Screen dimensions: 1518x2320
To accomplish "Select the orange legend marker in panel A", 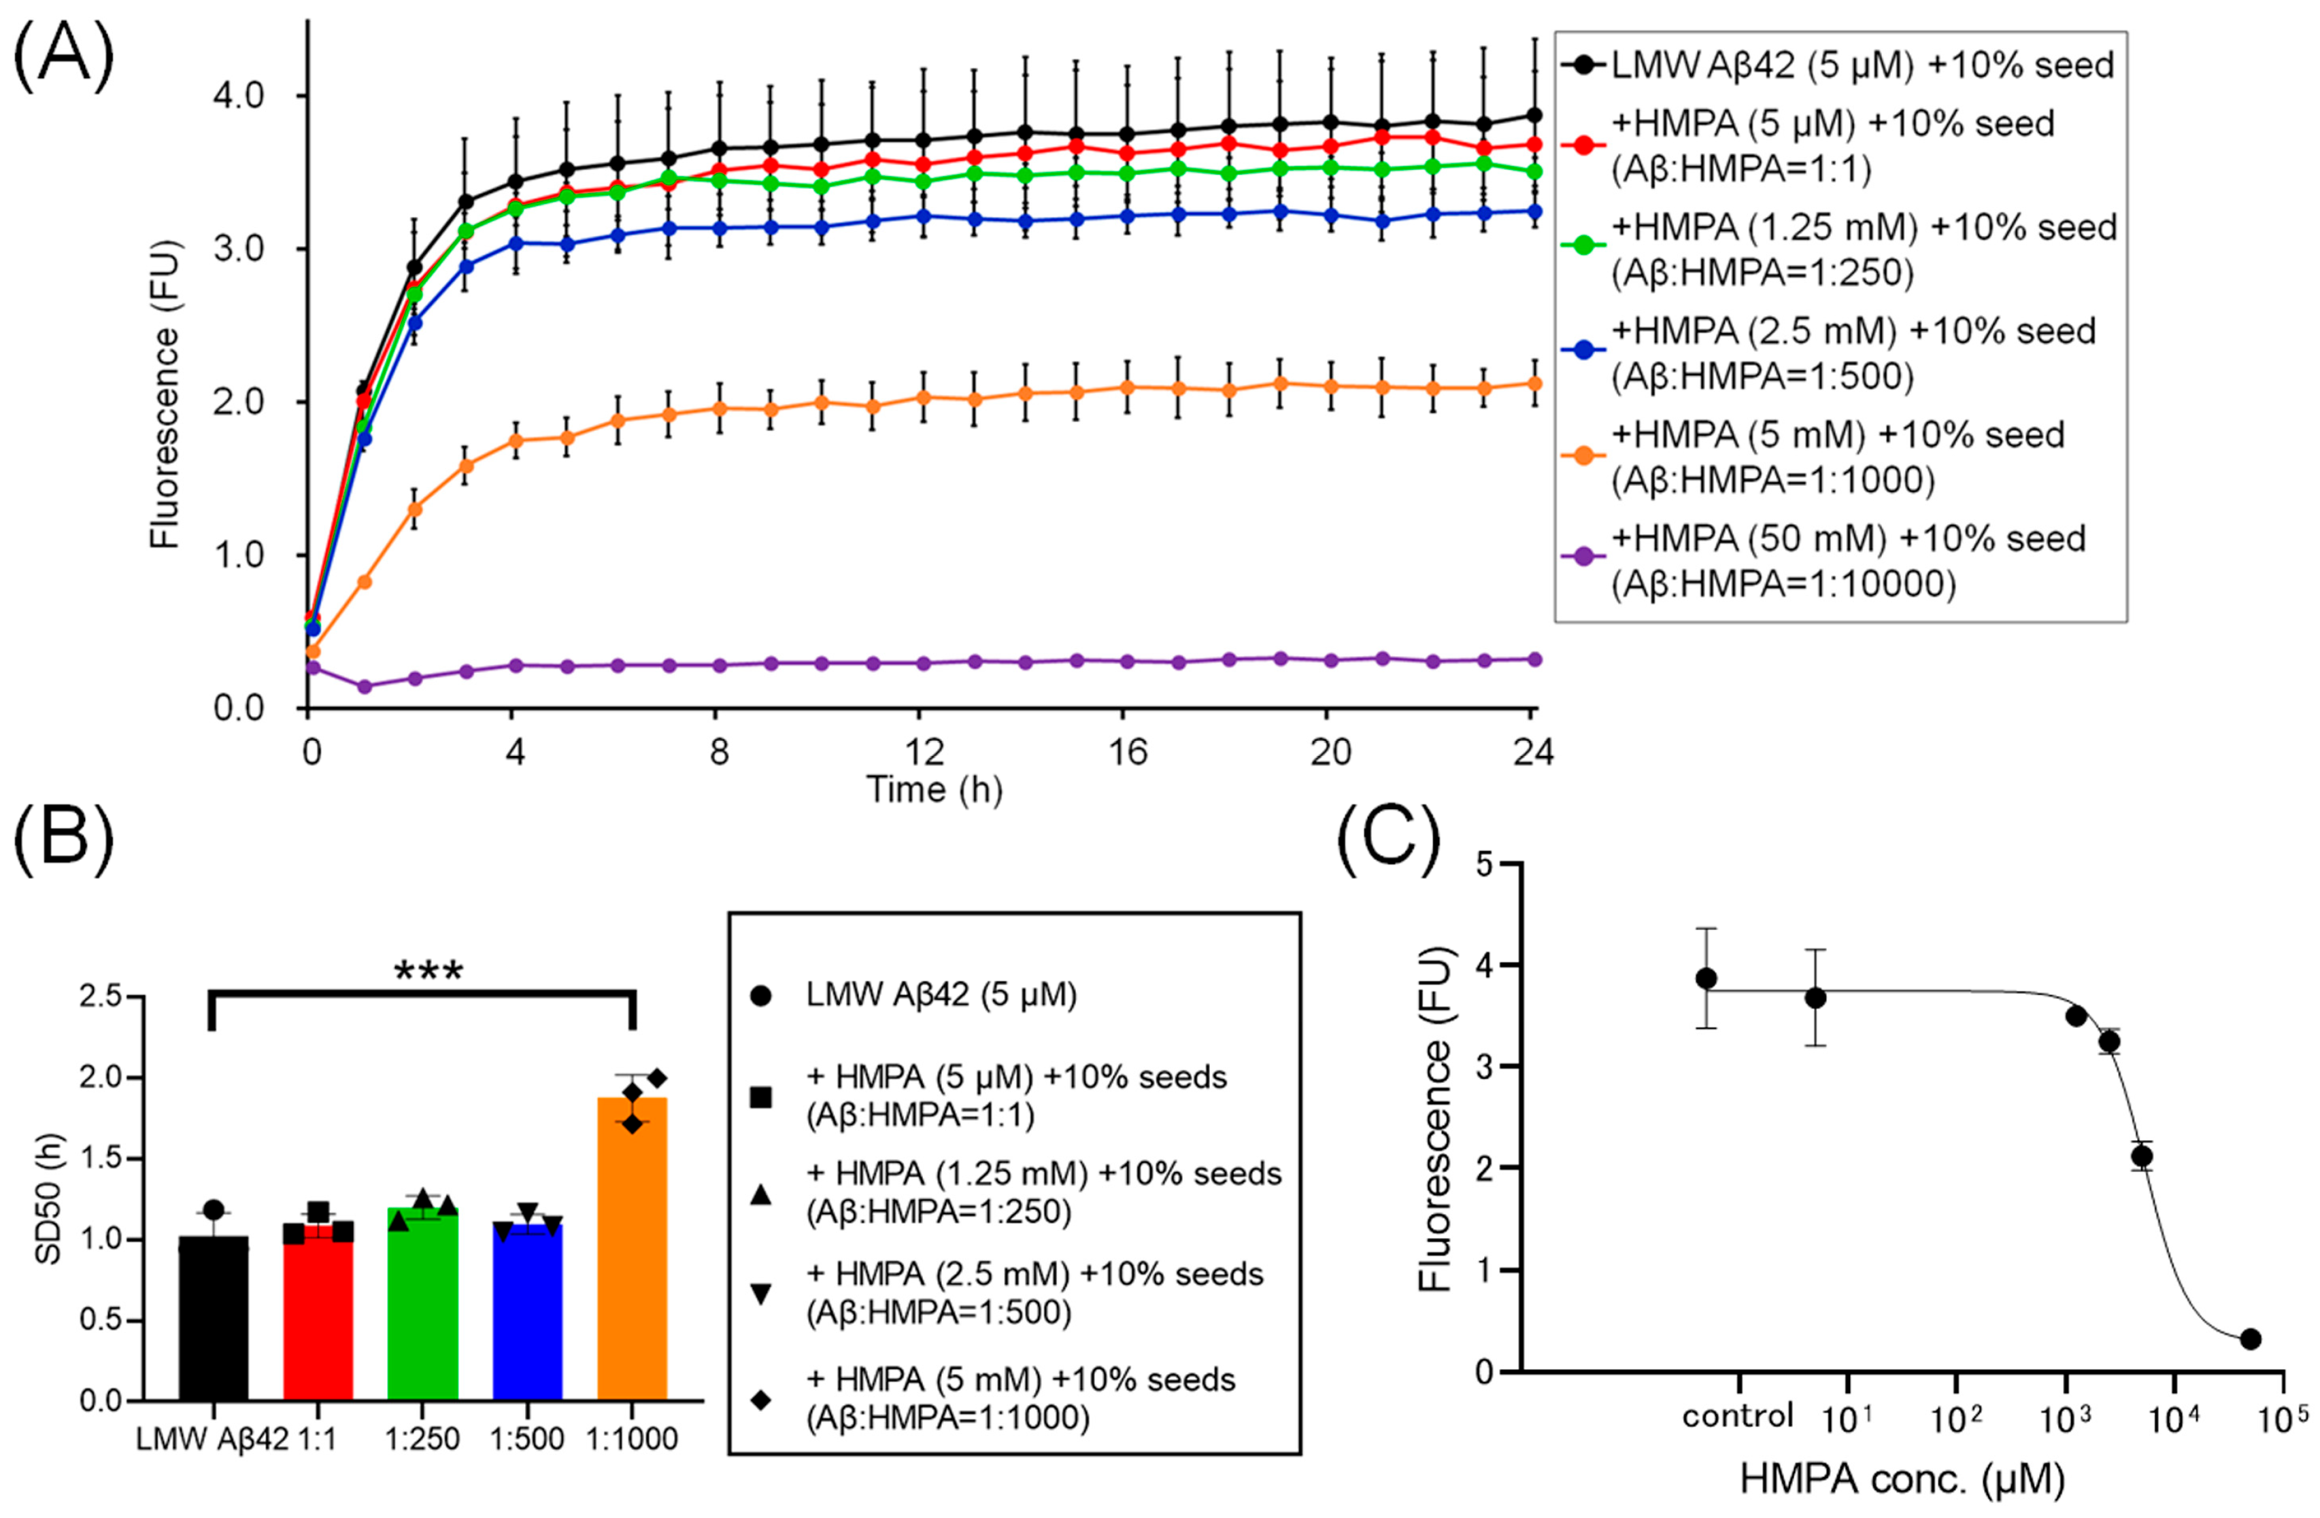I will pyautogui.click(x=1583, y=454).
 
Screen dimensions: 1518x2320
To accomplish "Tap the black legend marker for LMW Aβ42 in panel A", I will pyautogui.click(x=1583, y=65).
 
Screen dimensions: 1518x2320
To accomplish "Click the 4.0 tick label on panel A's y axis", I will pyautogui.click(x=239, y=95).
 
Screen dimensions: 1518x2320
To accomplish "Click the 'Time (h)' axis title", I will pyautogui.click(x=934, y=789).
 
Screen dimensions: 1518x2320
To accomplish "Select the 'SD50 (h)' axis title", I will pyautogui.click(x=49, y=1198).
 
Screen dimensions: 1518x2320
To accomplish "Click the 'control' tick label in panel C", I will pyautogui.click(x=1737, y=1417).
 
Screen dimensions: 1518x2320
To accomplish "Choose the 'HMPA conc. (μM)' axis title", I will pyautogui.click(x=1902, y=1479).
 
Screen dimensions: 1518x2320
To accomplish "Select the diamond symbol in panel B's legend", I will pyautogui.click(x=761, y=1399).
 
